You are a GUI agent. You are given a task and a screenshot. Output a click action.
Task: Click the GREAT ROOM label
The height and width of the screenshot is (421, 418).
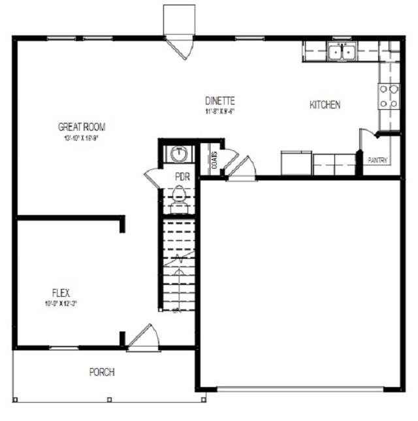[x=82, y=127]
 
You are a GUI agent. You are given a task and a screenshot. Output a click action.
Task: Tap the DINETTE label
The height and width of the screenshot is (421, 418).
[x=219, y=101]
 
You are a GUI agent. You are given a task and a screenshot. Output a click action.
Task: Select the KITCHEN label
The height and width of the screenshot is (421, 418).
[x=325, y=105]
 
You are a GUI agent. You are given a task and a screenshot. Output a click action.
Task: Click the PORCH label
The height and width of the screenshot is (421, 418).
[x=102, y=373]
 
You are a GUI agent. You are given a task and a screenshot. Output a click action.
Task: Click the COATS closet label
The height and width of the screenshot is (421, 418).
[x=215, y=160]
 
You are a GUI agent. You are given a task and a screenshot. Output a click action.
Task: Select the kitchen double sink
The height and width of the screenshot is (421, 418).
[x=341, y=51]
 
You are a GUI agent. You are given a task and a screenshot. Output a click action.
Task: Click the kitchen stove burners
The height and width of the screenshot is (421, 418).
[x=389, y=96]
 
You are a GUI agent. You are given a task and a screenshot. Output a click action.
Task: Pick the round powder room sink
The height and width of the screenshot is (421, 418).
[x=178, y=154]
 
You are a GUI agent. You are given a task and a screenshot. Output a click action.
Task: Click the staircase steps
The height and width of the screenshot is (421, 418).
[x=178, y=261]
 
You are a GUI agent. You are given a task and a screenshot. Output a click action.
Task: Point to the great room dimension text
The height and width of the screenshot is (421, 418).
[x=82, y=137]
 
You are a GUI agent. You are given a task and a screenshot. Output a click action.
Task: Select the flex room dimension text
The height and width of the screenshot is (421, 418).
[x=61, y=303]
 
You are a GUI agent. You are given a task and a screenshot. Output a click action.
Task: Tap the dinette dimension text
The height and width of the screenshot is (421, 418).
[x=219, y=111]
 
